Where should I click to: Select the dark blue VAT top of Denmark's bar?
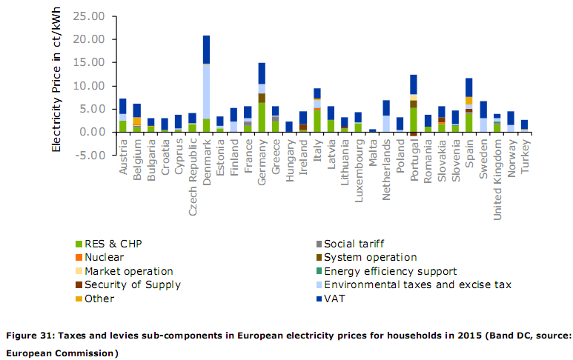pos(206,50)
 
